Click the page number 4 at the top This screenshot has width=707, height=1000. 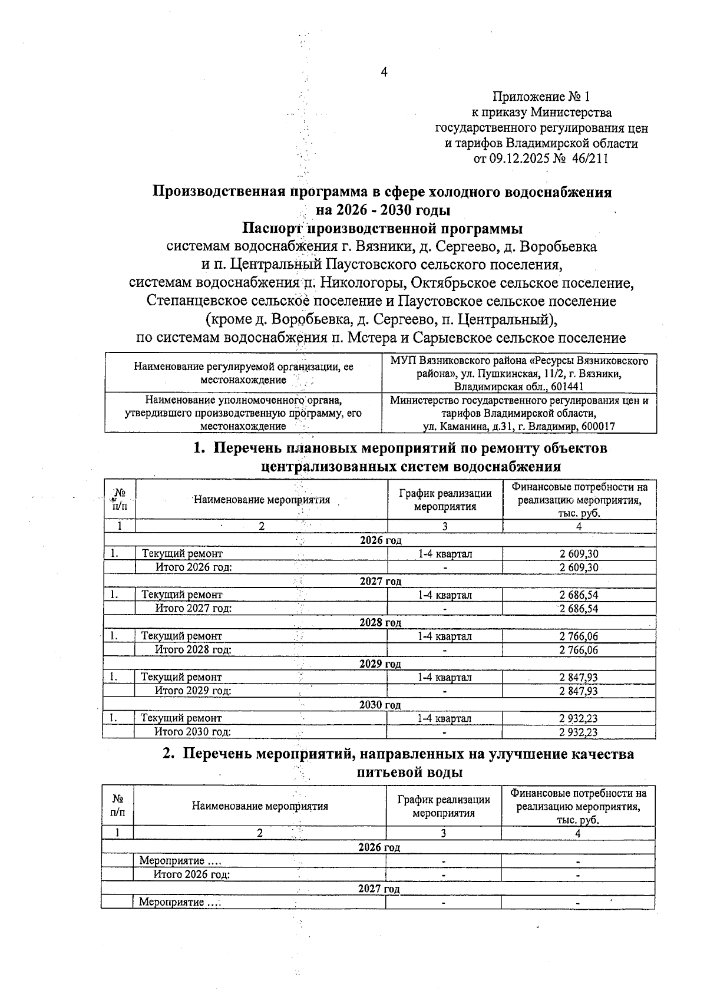pos(384,72)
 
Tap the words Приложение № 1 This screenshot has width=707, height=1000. pos(540,97)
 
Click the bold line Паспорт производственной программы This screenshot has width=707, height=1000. pos(383,228)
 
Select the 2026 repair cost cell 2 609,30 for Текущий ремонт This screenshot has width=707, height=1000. pos(579,554)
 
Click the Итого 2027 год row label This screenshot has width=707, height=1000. pos(193,608)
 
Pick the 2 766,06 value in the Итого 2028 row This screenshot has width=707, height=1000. pos(579,650)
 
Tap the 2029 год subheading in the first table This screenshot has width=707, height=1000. pos(380,664)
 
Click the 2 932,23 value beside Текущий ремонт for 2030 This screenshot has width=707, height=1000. pos(578,718)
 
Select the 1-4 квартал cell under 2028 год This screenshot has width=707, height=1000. pos(445,636)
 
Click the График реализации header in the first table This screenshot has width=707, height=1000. pos(445,500)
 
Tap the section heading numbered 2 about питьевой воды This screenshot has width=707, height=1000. pos(398,763)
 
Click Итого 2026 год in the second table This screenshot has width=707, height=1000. pos(191,874)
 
